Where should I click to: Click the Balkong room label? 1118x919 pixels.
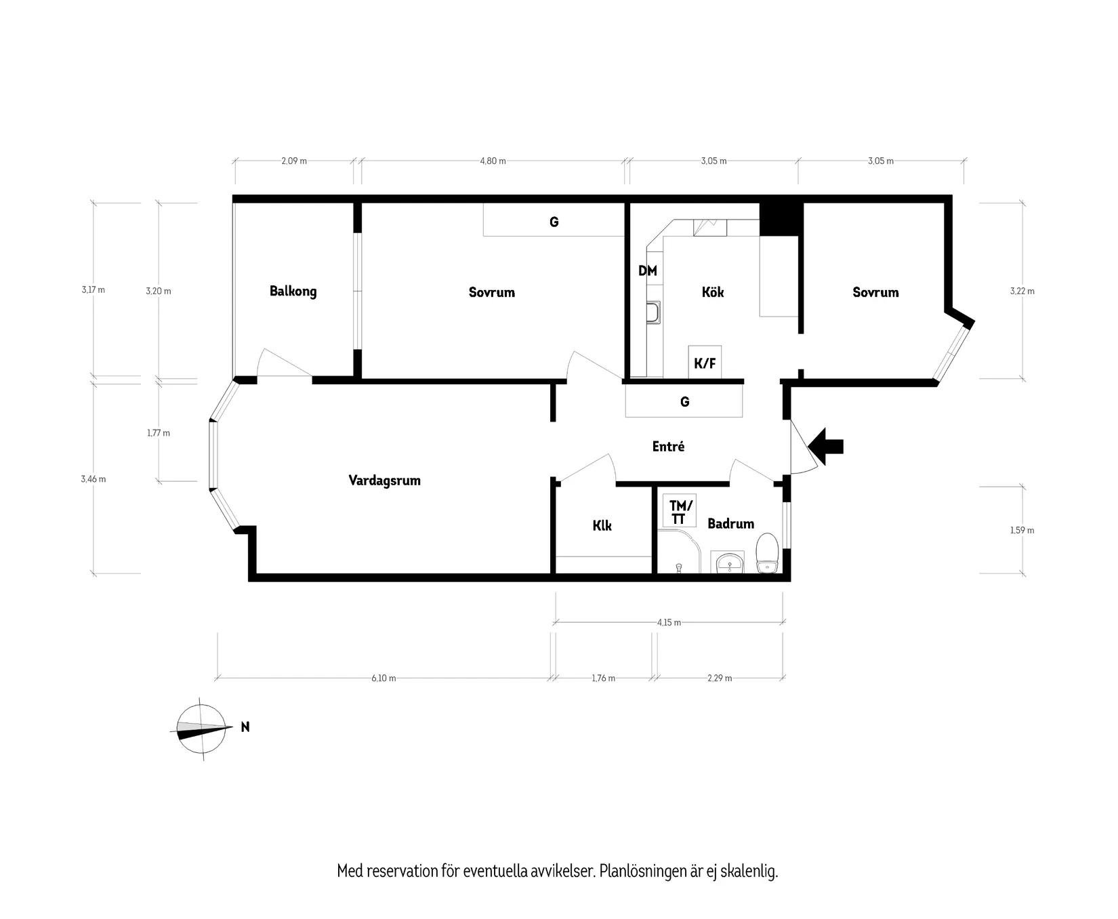[x=293, y=291]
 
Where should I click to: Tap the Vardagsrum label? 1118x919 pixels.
[x=384, y=481]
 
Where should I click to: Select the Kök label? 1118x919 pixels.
[x=713, y=292]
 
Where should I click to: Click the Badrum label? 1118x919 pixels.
[x=730, y=524]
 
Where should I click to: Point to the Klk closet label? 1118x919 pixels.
[x=602, y=525]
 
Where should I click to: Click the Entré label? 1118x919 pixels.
[x=668, y=447]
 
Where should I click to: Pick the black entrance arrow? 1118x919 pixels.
[x=826, y=446]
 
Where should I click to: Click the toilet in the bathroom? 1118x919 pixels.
[x=768, y=553]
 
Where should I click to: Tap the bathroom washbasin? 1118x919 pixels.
[x=728, y=563]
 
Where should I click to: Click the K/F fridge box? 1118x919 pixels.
[x=705, y=363]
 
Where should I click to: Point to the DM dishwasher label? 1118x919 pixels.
[x=648, y=271]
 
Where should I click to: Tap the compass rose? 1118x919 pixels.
[x=201, y=729]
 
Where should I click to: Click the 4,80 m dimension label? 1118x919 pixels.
[x=493, y=161]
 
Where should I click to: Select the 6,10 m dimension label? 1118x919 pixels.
[x=384, y=678]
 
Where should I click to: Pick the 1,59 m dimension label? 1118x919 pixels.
[x=1022, y=531]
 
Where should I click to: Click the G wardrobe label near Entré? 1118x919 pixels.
[x=684, y=402]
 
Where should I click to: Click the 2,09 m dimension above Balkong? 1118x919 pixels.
[x=294, y=161]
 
